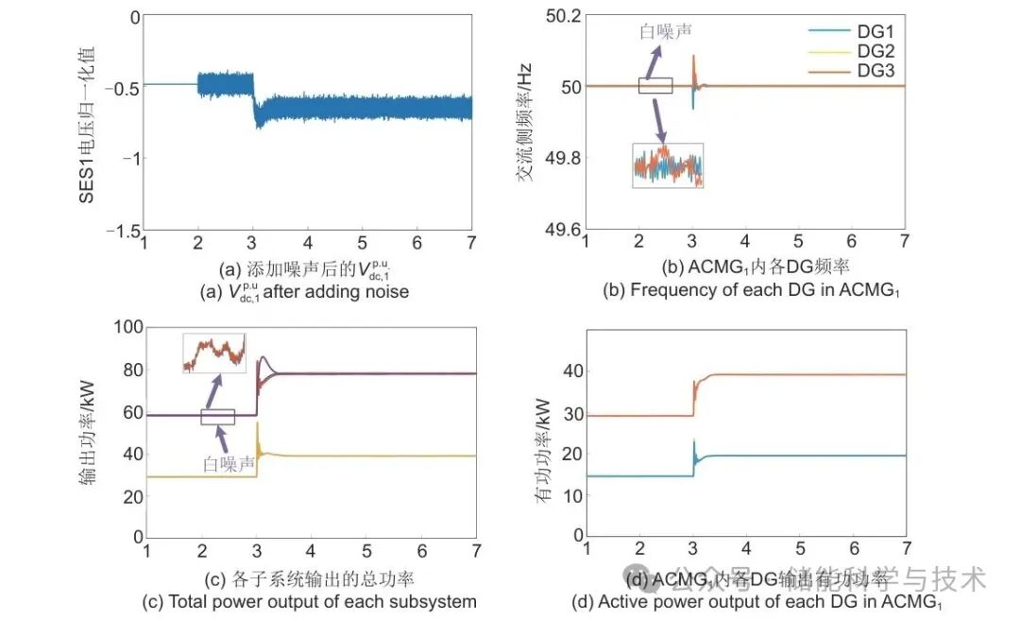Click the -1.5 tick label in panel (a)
(120, 231)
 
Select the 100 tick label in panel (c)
(126, 328)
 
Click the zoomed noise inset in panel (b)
(668, 165)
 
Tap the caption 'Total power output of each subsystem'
(309, 601)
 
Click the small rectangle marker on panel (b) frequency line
(655, 86)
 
